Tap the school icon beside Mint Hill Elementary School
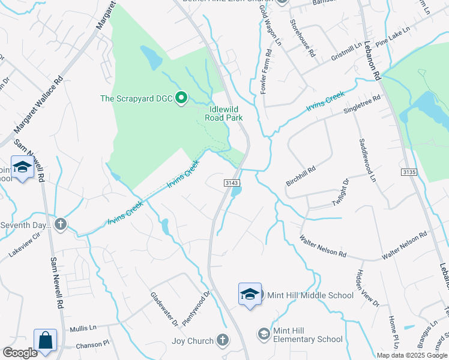click(x=264, y=333)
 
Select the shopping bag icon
click(x=45, y=340)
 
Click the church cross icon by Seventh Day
click(x=59, y=224)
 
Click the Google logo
click(x=20, y=353)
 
